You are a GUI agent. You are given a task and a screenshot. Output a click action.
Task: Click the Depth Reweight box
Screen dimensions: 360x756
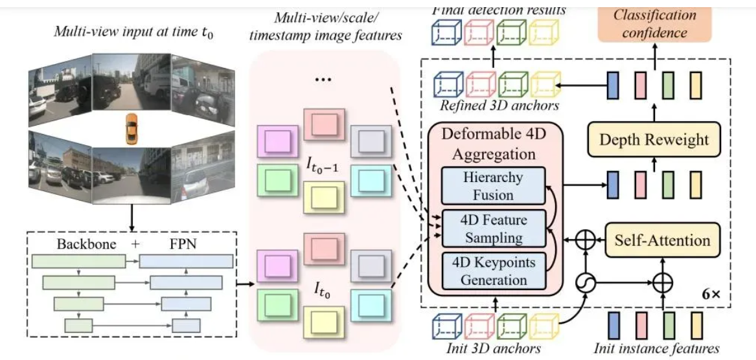tap(655, 139)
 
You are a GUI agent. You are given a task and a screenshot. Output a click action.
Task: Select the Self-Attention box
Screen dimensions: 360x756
tap(663, 240)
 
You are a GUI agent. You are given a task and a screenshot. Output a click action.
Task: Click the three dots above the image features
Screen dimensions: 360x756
tap(323, 78)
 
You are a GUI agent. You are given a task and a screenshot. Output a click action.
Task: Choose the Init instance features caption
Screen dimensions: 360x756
tap(658, 349)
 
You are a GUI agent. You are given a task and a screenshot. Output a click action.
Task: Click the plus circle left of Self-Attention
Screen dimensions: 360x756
tap(586, 241)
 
